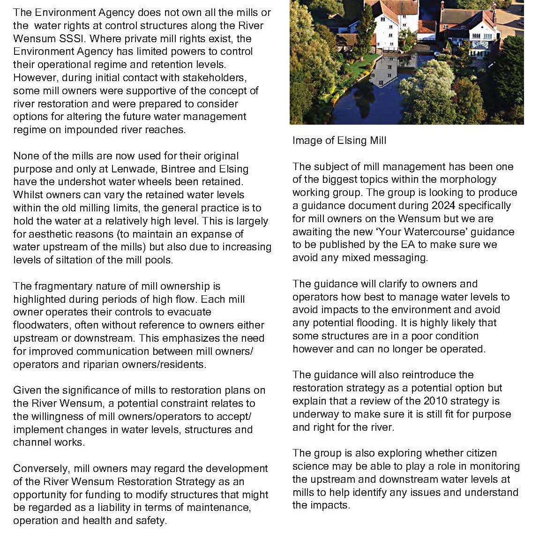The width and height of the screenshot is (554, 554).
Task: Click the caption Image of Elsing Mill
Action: pos(339,141)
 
